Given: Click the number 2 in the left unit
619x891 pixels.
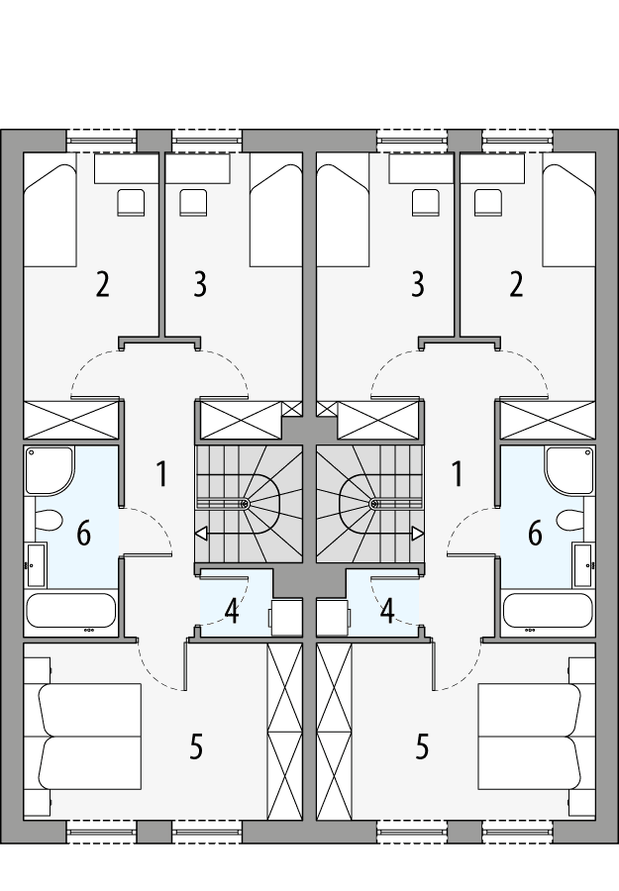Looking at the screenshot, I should point(102,284).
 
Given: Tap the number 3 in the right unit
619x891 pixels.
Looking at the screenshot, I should point(417,284).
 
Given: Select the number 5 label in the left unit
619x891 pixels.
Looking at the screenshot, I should point(196,746).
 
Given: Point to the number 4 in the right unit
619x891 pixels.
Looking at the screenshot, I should point(387,611).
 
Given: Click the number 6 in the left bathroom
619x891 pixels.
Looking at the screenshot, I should point(83,534).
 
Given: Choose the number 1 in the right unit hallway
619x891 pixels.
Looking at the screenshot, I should point(457,474).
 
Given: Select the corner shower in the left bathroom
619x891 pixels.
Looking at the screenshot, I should point(50,471).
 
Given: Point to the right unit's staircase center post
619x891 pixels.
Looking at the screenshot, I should point(373,504).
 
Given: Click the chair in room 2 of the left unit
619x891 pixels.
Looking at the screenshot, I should point(130,202).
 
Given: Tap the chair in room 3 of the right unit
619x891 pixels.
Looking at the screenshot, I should point(426,202).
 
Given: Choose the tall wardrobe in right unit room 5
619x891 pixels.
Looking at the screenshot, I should point(335,731).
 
